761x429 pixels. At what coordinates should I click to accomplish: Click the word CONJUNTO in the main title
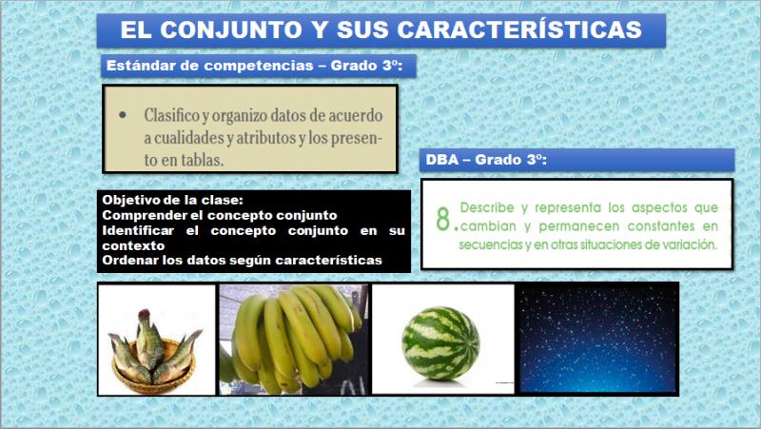[x=230, y=29]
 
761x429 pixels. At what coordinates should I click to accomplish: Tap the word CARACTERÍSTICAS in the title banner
[x=519, y=29]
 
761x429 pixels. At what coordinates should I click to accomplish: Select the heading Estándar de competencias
[x=209, y=66]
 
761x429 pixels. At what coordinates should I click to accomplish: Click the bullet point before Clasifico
[x=123, y=115]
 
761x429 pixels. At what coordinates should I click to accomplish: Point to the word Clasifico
[x=172, y=115]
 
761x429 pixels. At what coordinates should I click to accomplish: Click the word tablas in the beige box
[x=203, y=160]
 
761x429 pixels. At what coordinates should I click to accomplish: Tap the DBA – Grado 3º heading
[x=486, y=160]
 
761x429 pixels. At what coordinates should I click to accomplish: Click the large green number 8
[x=443, y=220]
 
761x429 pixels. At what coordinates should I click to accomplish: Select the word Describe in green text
[x=487, y=207]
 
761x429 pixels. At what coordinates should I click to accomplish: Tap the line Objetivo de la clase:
[x=173, y=200]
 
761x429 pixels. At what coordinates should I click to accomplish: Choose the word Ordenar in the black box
[x=130, y=260]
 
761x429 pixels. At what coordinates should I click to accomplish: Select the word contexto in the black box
[x=133, y=245]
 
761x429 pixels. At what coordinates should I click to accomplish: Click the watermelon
[x=440, y=342]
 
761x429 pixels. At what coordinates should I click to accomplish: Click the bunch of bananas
[x=294, y=339]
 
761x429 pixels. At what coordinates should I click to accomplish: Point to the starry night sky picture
[x=597, y=339]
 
